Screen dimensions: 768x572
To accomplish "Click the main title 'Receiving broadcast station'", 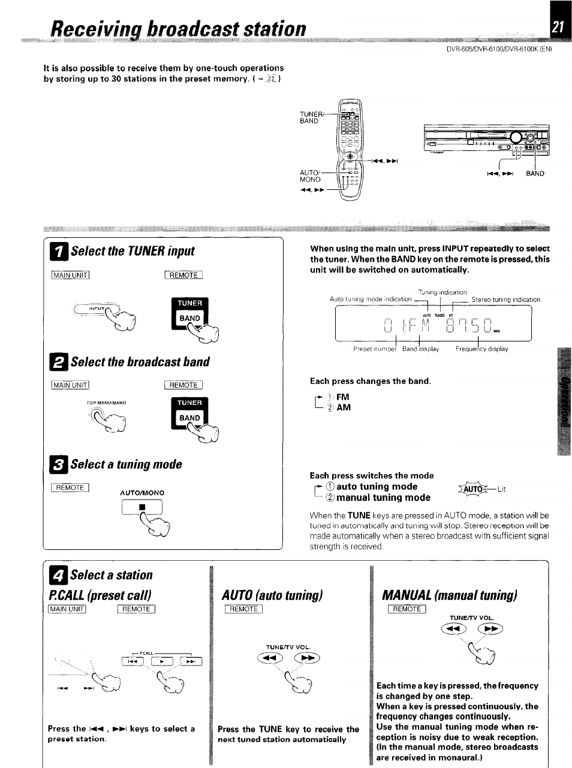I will [x=178, y=29].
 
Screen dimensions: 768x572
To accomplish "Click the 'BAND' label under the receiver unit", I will [x=535, y=174].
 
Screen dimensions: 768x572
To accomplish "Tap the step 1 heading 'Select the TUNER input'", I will [x=132, y=250].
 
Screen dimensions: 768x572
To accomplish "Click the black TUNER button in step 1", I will [x=190, y=303].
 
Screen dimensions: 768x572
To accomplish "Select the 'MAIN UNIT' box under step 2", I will [x=71, y=385].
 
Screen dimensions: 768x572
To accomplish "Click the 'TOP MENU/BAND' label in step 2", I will [x=106, y=403].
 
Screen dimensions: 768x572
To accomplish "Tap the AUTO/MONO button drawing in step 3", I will [x=142, y=507].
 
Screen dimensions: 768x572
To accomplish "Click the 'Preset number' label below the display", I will [x=375, y=349].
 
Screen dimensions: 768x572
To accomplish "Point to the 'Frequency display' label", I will [x=481, y=349].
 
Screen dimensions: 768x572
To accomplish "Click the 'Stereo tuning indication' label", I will [x=505, y=300].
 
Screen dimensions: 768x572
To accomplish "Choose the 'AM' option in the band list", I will [x=344, y=407].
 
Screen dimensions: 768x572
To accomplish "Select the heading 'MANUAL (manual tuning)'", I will [x=449, y=595].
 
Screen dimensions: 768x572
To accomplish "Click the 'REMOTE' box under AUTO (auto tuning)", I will [x=243, y=609].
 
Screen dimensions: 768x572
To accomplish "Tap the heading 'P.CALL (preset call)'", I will [x=100, y=595].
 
